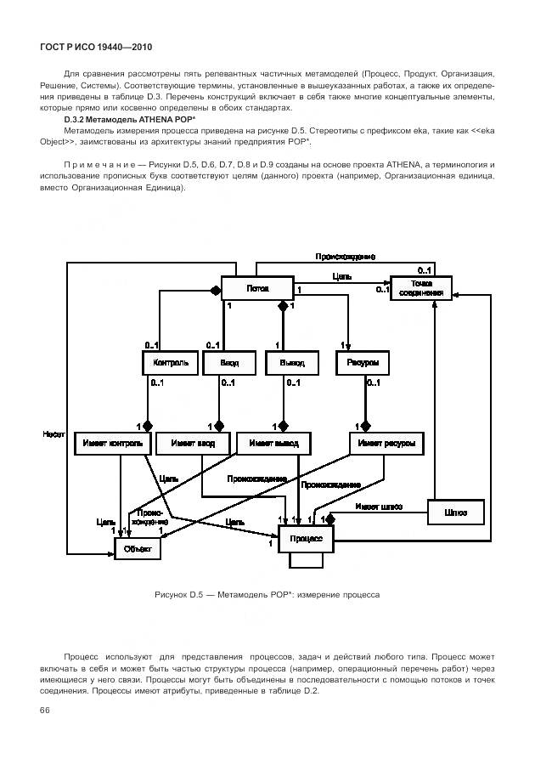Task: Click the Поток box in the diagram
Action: coord(257,288)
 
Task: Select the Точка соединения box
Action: coord(421,288)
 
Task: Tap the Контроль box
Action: coord(170,362)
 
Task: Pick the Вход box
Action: coord(229,362)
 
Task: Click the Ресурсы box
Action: coord(363,362)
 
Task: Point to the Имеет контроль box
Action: coord(113,443)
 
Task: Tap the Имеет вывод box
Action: coord(273,443)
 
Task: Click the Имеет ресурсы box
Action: coord(386,443)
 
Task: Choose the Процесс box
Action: coord(306,538)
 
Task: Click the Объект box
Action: coord(137,549)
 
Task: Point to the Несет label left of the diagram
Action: coord(54,433)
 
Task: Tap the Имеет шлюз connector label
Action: coord(378,507)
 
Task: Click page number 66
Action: coord(45,710)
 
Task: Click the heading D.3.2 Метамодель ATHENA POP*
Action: coord(129,120)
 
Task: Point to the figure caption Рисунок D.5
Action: coord(267,594)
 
